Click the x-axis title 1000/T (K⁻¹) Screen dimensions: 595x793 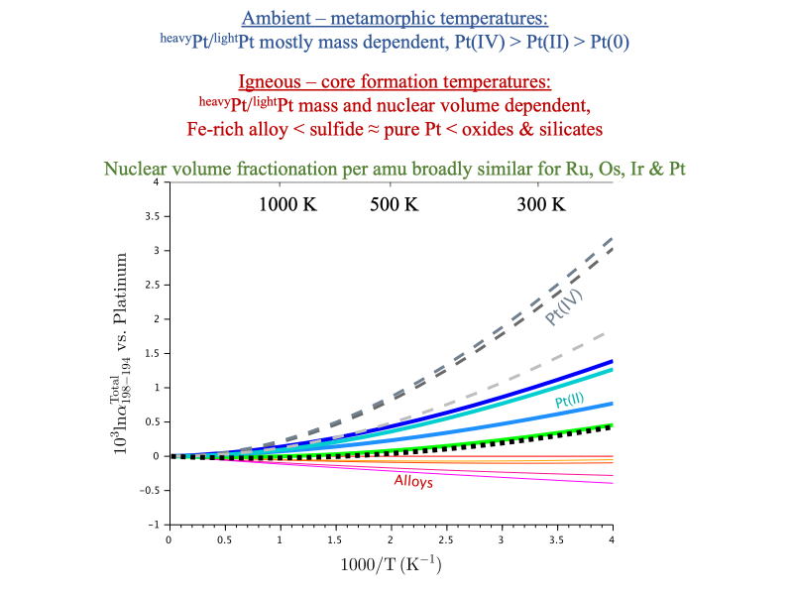coord(390,565)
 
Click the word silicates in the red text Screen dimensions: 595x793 coord(569,129)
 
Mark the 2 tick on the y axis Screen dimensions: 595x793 coord(156,319)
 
